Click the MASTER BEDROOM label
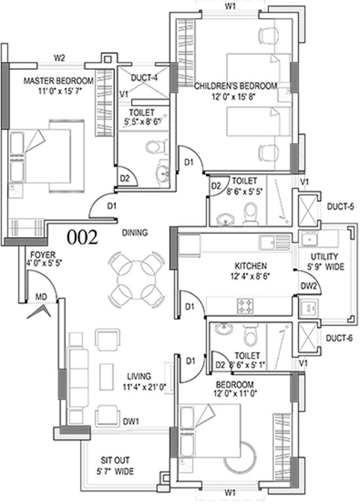point(59,81)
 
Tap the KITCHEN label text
point(250,266)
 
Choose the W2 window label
point(59,58)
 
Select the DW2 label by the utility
point(310,285)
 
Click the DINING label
point(134,232)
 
